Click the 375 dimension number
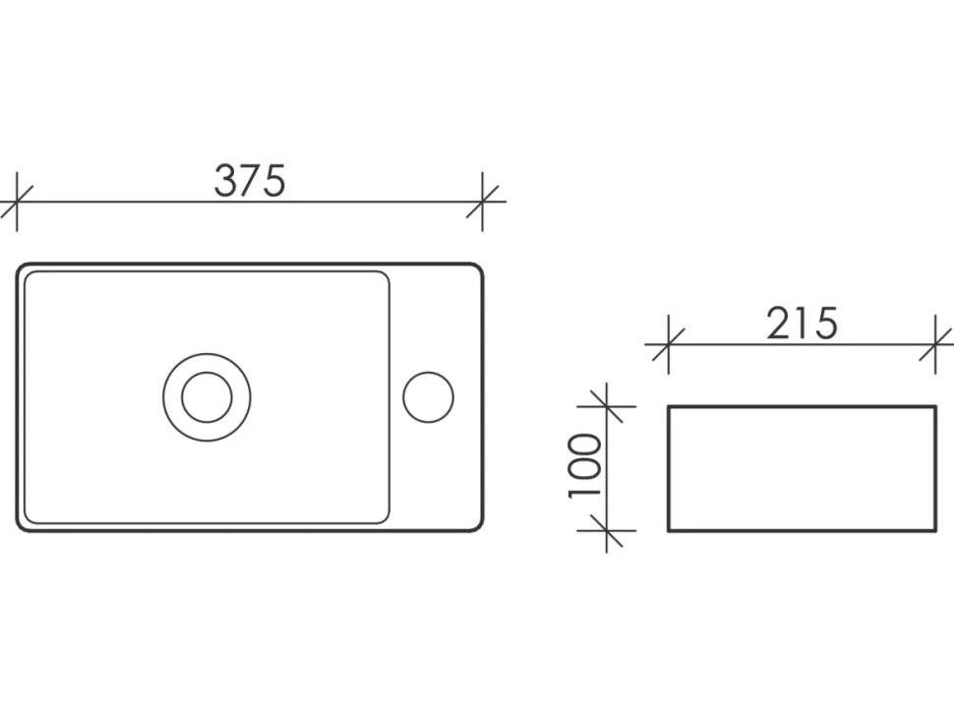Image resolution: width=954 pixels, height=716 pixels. click(x=250, y=181)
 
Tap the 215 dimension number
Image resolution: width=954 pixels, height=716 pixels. click(x=802, y=323)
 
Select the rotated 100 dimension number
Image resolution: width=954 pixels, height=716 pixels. click(x=585, y=465)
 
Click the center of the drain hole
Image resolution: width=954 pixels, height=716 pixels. click(x=207, y=397)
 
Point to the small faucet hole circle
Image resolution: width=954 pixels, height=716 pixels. click(x=429, y=397)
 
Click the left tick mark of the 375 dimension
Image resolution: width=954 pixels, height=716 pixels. click(x=17, y=202)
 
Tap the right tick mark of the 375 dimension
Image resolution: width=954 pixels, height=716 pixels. click(x=483, y=202)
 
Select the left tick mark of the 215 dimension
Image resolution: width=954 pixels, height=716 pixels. click(x=669, y=344)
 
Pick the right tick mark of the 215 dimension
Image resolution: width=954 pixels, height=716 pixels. click(x=935, y=344)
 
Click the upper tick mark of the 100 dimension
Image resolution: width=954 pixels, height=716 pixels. click(x=607, y=406)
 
